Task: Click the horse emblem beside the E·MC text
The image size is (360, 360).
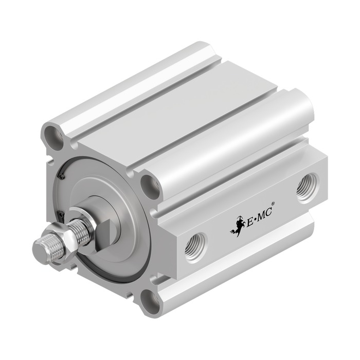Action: [x=237, y=226]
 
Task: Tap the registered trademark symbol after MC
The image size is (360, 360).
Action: [x=273, y=204]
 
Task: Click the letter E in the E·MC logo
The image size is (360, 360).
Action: [x=250, y=222]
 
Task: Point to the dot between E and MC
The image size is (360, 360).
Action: [x=255, y=220]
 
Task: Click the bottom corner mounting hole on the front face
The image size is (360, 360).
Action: [x=150, y=301]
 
